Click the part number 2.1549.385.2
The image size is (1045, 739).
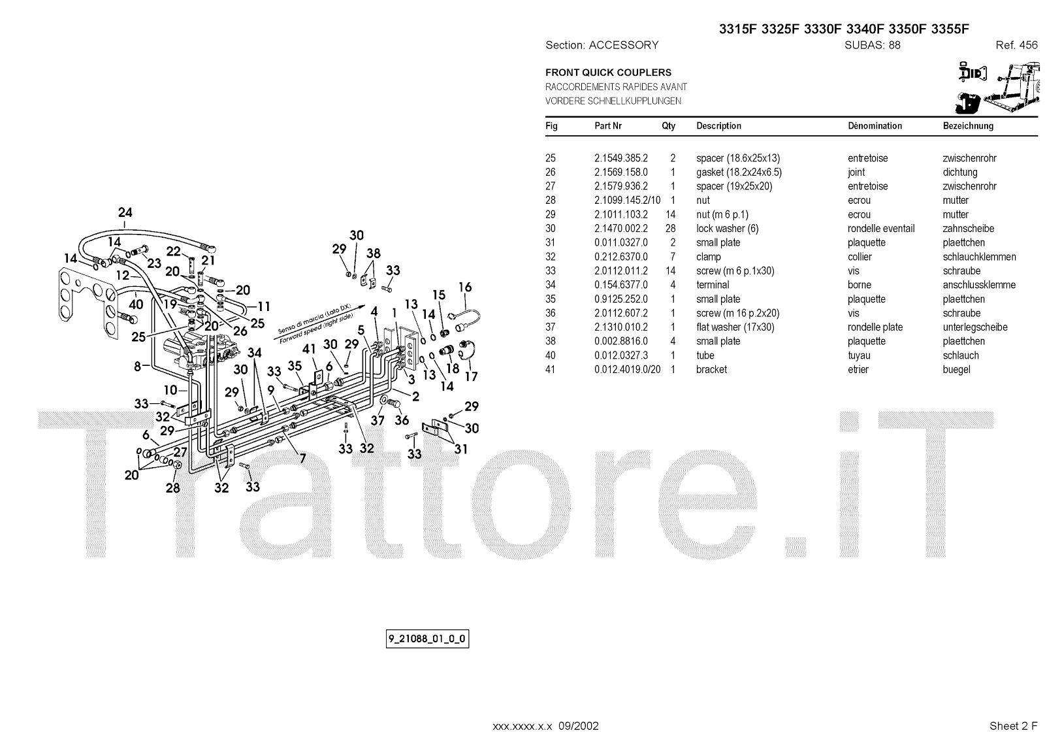pos(620,158)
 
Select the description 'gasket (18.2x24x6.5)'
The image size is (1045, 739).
pos(739,172)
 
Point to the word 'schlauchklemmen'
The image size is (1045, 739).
pos(979,257)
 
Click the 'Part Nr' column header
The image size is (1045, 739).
pos(607,126)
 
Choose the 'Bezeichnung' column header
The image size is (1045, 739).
pos(968,126)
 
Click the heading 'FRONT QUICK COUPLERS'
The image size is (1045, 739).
pos(608,73)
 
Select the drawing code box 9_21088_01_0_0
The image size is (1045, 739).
pos(428,638)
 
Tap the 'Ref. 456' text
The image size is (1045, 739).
pos(1016,45)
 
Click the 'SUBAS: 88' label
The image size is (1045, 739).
pos(872,45)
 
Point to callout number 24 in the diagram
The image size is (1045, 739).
pos(125,212)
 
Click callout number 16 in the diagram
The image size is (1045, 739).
pos(464,287)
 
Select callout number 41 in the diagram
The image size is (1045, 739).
pos(309,350)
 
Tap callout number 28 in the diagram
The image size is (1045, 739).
pos(172,488)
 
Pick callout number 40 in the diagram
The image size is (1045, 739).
pos(136,304)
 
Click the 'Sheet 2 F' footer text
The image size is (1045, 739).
pos(1013,726)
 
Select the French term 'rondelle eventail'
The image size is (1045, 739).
pos(881,229)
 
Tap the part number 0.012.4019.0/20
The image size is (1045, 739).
pos(627,370)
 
